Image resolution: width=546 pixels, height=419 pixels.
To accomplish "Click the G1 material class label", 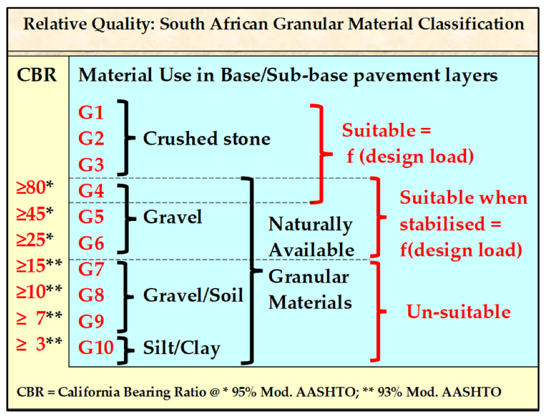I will point(91,113).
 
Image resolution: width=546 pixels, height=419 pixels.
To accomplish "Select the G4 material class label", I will point(91,190).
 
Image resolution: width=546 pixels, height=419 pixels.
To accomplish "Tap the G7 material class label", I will point(91,269).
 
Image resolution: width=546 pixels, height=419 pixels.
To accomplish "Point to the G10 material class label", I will point(96,347).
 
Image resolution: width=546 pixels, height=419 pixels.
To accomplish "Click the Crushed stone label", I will point(206,139).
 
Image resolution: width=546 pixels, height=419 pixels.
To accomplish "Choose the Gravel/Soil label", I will point(193,295).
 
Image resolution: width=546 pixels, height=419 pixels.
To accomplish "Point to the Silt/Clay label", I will point(182,348).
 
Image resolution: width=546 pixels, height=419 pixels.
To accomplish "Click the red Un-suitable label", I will point(458,311).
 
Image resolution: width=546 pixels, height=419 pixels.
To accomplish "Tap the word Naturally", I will point(311,224).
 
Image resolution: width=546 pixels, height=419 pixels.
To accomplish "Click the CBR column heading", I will point(36,76).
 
